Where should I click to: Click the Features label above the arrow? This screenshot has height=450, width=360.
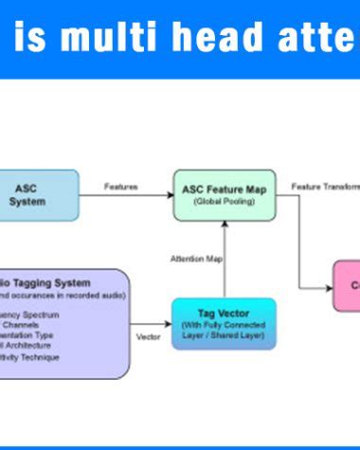coord(120,188)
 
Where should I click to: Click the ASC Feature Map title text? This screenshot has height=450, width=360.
coord(225,189)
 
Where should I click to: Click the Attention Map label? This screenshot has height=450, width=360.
coord(194,258)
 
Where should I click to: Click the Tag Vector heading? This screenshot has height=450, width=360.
coord(225,313)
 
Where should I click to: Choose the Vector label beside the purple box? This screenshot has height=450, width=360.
coord(148,336)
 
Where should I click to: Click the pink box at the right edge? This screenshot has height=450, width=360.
coord(348,285)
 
